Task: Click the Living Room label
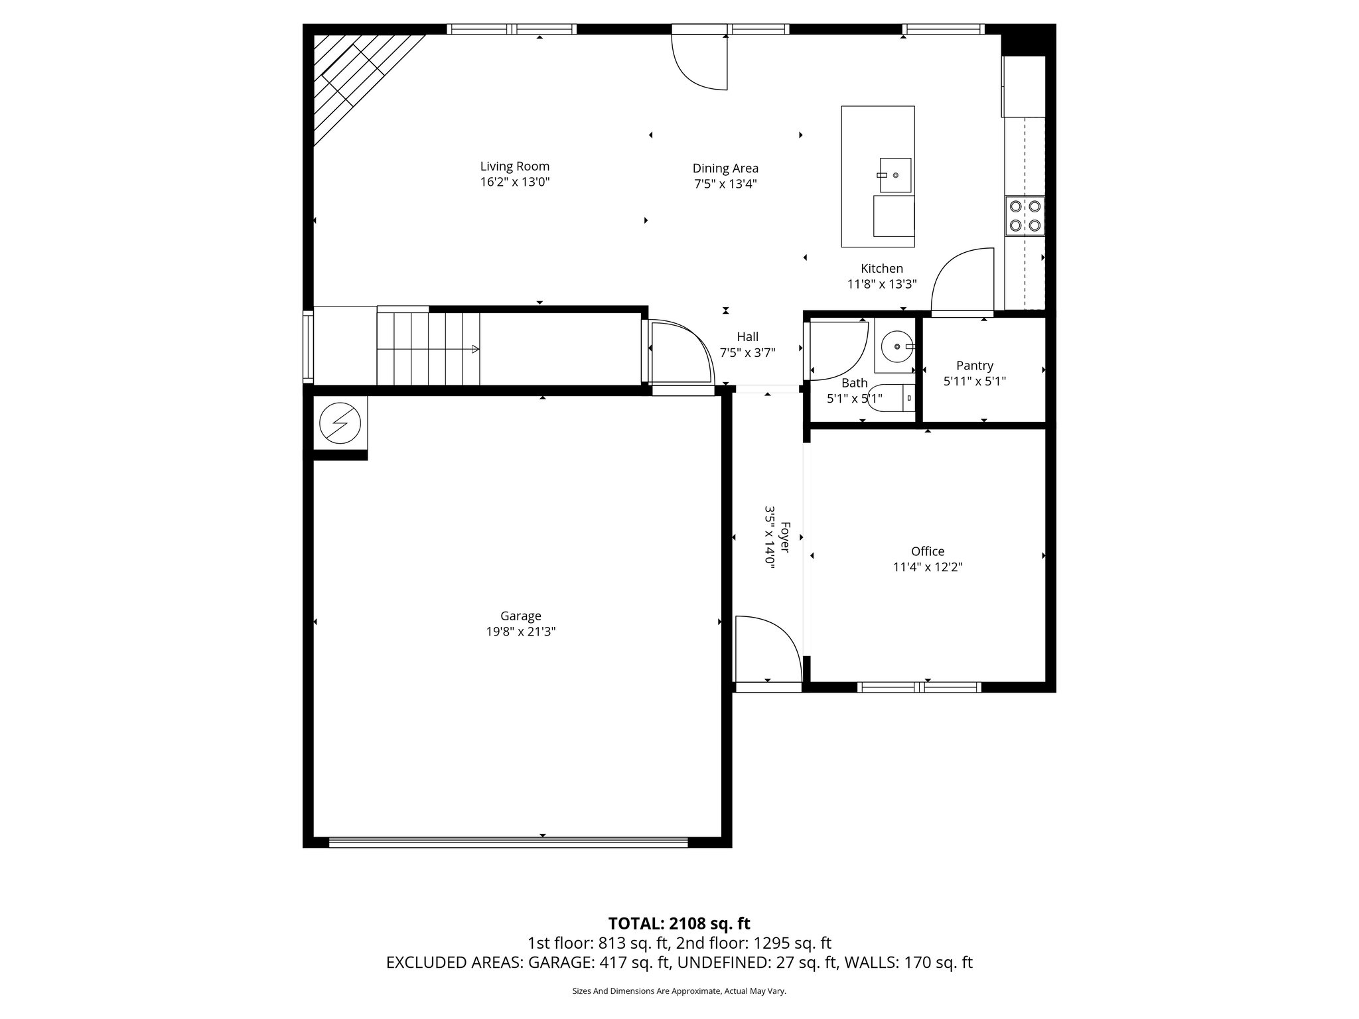click(x=514, y=167)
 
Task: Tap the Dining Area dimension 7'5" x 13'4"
click(x=725, y=184)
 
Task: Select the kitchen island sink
click(x=895, y=175)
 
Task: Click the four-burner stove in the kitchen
click(x=1025, y=216)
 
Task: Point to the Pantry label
click(x=974, y=366)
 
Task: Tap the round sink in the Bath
click(x=896, y=346)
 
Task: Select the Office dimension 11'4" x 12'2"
click(x=927, y=567)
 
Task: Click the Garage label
click(x=520, y=616)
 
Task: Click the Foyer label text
click(x=784, y=537)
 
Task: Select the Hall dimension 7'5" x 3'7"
click(x=747, y=353)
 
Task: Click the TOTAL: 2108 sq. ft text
click(x=679, y=923)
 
